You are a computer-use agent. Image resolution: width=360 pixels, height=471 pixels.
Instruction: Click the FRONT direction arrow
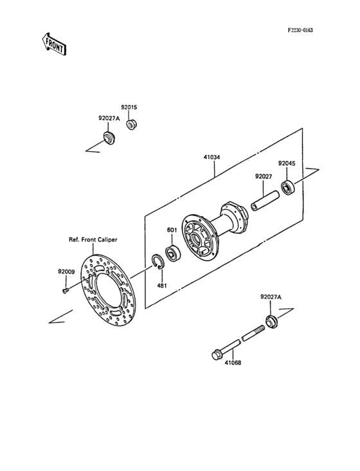pyautogui.click(x=55, y=44)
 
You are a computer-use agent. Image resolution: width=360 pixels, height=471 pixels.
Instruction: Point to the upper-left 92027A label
pyautogui.click(x=109, y=118)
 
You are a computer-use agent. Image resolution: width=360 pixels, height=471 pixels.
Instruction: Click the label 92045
pyautogui.click(x=286, y=163)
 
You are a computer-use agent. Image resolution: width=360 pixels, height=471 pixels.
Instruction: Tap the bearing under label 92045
pyautogui.click(x=287, y=188)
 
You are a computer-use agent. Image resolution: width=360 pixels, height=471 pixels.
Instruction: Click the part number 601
pyautogui.click(x=172, y=230)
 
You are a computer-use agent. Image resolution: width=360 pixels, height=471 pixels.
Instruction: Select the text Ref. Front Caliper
pyautogui.click(x=93, y=239)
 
